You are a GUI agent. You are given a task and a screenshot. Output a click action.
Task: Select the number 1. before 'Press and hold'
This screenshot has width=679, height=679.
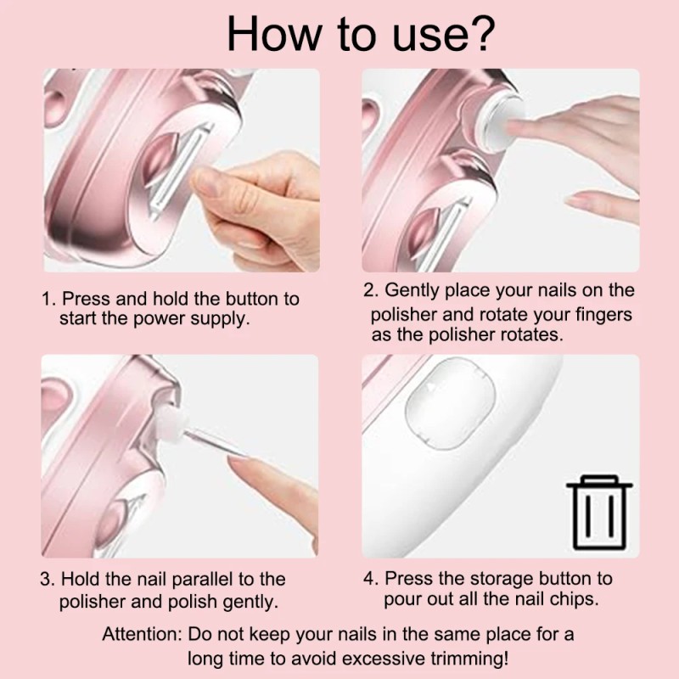(x=49, y=299)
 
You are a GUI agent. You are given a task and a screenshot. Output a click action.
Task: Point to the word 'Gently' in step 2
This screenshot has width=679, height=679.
(x=415, y=290)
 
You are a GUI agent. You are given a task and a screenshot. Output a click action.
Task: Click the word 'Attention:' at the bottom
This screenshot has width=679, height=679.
(x=141, y=634)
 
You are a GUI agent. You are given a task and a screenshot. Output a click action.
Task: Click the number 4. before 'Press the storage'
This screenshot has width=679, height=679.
(x=371, y=579)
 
